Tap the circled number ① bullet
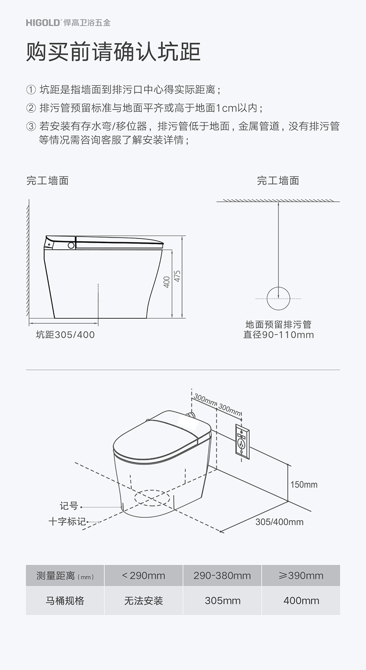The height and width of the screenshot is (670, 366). click(x=31, y=90)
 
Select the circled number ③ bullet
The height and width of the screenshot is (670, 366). click(x=31, y=126)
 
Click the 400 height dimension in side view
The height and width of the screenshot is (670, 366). click(x=167, y=282)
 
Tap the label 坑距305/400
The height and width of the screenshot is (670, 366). click(x=65, y=335)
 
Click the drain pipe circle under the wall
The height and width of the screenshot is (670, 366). click(x=278, y=298)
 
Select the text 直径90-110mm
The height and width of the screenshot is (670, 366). click(x=278, y=335)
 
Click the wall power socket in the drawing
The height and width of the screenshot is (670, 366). click(x=242, y=441)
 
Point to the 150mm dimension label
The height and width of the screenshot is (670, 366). click(x=304, y=484)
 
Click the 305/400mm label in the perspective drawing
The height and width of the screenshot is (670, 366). click(x=279, y=522)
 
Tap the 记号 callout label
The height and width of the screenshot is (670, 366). click(x=69, y=506)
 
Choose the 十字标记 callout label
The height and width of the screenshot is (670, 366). click(x=67, y=522)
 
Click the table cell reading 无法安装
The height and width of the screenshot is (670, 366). click(x=144, y=601)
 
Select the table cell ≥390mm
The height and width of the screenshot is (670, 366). click(x=301, y=576)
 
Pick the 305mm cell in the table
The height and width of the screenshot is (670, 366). click(x=222, y=601)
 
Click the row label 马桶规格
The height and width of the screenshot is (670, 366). click(x=65, y=601)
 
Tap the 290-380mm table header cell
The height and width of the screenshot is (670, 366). click(x=222, y=576)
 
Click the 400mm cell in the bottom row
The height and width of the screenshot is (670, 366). click(x=301, y=601)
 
